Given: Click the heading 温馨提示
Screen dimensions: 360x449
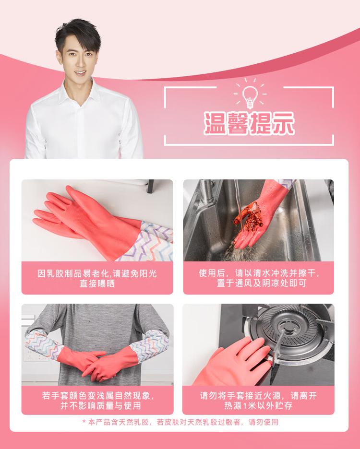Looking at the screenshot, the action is pos(250,123).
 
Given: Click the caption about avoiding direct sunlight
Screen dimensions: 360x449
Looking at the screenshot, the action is pos(97,278).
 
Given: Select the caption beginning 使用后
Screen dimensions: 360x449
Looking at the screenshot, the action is pos(259,278).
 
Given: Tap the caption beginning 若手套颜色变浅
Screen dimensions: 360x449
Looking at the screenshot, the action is pos(97,401).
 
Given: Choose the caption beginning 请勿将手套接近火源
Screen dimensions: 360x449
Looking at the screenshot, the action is pos(258,401).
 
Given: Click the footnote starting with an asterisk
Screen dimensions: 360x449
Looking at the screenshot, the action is pos(180,422).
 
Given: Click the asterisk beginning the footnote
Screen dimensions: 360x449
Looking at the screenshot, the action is pos(84,422).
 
